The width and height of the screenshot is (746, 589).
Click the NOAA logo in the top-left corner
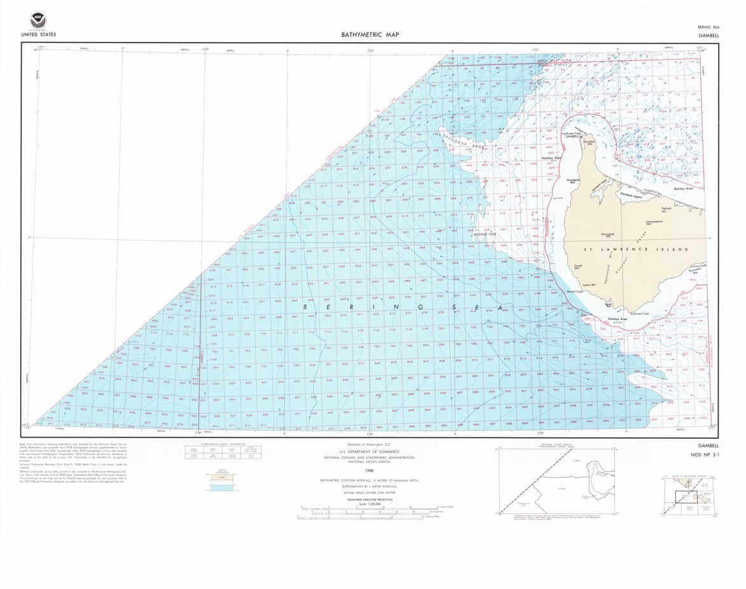[x=38, y=20]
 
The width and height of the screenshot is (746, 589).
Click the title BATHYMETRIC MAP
[x=370, y=35]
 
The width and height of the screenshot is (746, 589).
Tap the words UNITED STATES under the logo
[x=38, y=34]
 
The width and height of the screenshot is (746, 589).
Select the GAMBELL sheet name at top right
[x=708, y=36]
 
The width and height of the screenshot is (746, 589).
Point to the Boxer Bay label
[x=609, y=305]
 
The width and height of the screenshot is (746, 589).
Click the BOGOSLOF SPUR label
[x=485, y=234]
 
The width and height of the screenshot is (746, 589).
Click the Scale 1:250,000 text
[x=369, y=503]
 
